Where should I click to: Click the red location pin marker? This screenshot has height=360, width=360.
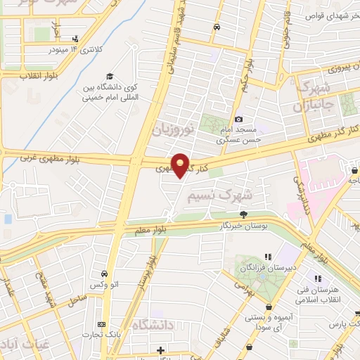click(x=181, y=165)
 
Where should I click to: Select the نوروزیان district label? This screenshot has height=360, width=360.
click(x=170, y=128)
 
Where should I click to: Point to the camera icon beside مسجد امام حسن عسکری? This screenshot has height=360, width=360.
click(x=239, y=120)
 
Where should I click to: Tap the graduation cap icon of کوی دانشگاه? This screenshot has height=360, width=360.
click(x=110, y=77)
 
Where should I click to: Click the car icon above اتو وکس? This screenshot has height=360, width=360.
click(x=104, y=274)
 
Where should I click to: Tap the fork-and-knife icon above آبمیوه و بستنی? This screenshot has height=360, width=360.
click(x=269, y=307)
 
